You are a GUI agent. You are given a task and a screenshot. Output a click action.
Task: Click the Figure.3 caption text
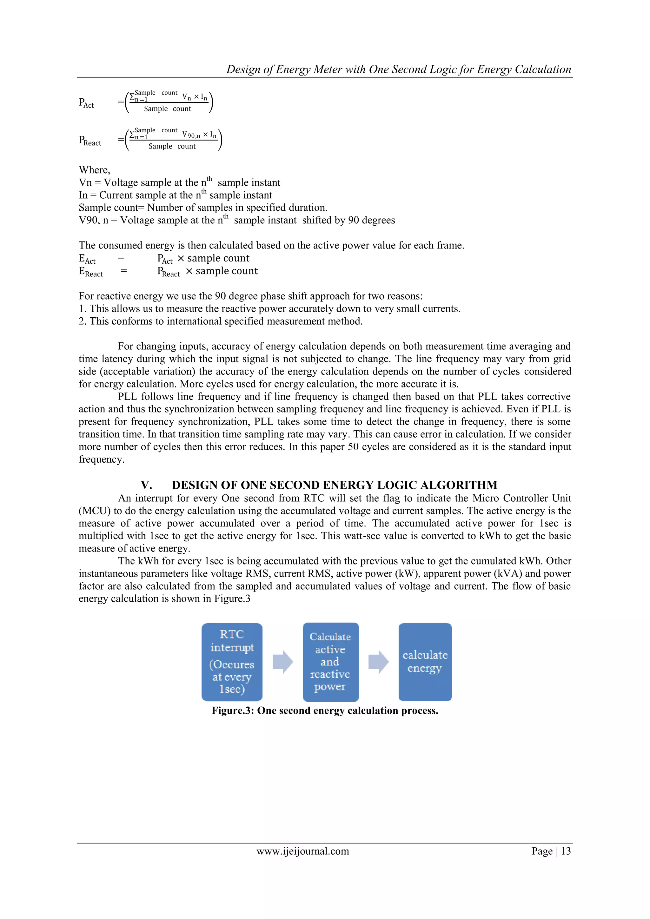tap(325, 711)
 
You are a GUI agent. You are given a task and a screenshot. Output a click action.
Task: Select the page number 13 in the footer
tap(566, 851)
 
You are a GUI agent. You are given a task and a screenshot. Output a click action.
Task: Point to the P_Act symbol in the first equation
tap(86, 103)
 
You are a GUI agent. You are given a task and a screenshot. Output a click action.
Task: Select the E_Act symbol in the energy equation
tap(87, 259)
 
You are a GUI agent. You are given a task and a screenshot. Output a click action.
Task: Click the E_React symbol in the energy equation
tap(90, 272)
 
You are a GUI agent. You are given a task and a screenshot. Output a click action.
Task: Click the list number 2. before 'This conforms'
tap(82, 321)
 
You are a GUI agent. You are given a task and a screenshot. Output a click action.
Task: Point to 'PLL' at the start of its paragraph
tap(127, 397)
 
